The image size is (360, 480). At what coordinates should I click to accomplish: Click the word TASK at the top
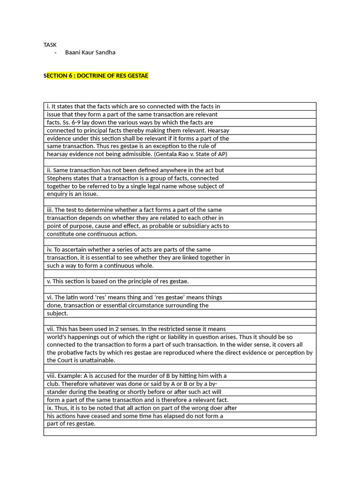pyautogui.click(x=50, y=45)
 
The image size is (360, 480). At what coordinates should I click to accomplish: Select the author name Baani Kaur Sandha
pyautogui.click(x=90, y=52)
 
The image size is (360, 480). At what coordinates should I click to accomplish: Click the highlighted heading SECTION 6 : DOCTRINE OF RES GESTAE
pyautogui.click(x=96, y=75)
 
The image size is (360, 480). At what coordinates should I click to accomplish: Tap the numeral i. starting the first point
pyautogui.click(x=48, y=106)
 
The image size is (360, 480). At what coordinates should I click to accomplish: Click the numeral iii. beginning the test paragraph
pyautogui.click(x=50, y=210)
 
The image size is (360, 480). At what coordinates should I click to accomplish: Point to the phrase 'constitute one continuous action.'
pyautogui.click(x=92, y=234)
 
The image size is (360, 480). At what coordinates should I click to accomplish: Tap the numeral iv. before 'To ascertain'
pyautogui.click(x=50, y=250)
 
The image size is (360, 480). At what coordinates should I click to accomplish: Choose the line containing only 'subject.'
pyautogui.click(x=57, y=313)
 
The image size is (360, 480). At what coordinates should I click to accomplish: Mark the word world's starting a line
pyautogui.click(x=58, y=337)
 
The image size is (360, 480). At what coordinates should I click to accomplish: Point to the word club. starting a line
pyautogui.click(x=53, y=384)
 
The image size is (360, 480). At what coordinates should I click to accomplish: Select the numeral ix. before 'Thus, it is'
pyautogui.click(x=50, y=408)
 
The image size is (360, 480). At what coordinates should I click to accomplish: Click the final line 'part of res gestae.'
pyautogui.click(x=71, y=424)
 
